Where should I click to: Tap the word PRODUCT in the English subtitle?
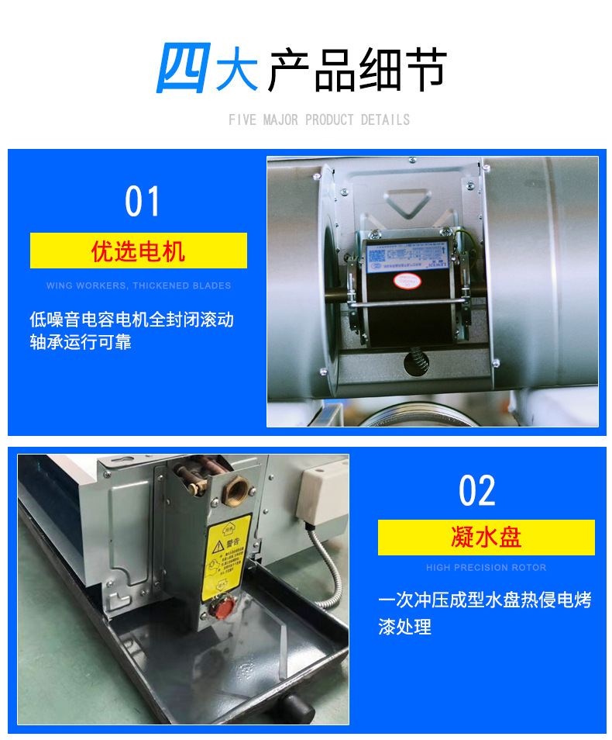click(x=329, y=120)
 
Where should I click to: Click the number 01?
click(x=142, y=202)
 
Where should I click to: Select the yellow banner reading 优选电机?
click(x=139, y=251)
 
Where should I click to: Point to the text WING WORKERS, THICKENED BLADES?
click(x=139, y=285)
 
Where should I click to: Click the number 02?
click(x=476, y=490)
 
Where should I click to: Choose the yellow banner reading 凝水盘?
click(x=486, y=538)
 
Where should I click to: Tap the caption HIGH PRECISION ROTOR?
click(x=486, y=568)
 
